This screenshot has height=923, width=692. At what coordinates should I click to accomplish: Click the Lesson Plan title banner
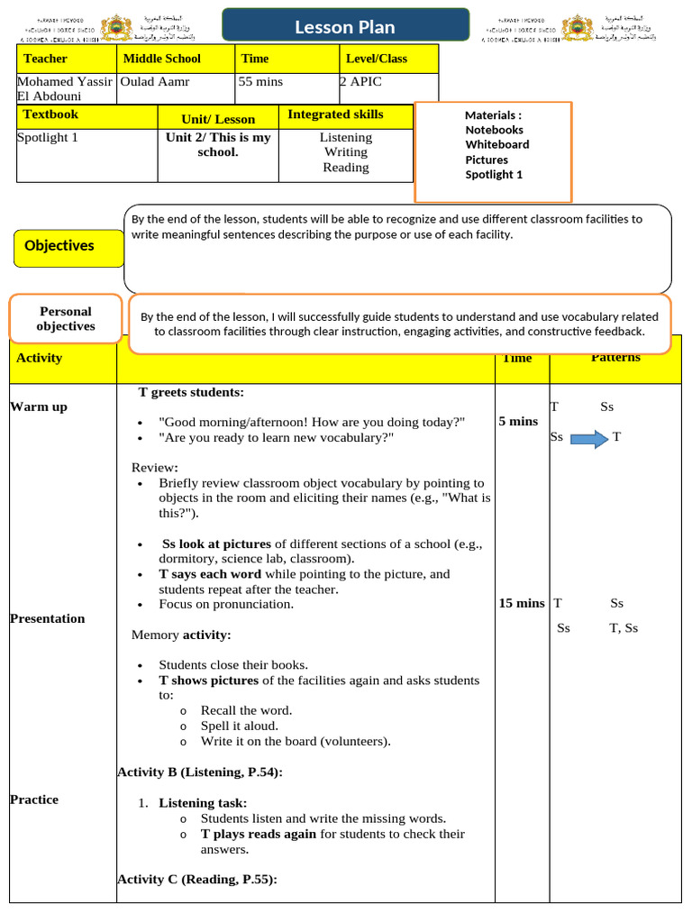coord(345,27)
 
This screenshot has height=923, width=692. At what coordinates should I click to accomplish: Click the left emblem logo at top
coord(114,28)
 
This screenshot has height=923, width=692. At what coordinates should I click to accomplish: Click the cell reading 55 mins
coord(260,82)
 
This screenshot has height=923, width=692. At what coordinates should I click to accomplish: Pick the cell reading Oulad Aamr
coord(155,82)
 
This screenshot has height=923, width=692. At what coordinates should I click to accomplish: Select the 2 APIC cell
coord(360,82)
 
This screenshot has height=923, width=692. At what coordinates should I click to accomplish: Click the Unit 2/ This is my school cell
coord(218,145)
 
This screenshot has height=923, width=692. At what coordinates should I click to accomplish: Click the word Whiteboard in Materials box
coord(496,144)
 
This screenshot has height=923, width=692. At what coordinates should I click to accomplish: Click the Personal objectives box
coord(65,318)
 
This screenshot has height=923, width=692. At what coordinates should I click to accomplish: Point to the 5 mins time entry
coord(517,421)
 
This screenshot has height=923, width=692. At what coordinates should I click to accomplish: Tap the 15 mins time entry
coord(522,603)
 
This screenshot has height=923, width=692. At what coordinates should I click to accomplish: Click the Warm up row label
coord(39,407)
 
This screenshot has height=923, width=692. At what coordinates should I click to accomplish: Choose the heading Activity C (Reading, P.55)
coord(196,879)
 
